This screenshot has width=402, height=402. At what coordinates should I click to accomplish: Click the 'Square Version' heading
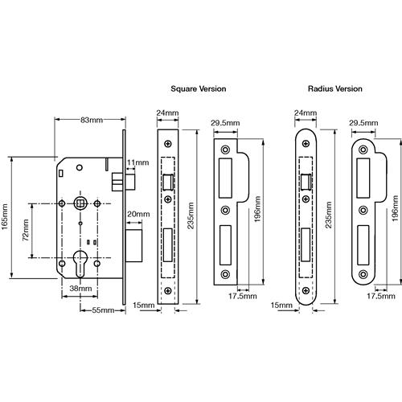(199, 88)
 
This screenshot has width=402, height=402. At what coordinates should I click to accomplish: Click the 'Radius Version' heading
(335, 88)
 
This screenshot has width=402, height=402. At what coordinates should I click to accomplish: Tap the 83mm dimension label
(92, 120)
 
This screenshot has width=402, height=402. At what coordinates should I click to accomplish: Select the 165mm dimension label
(5, 216)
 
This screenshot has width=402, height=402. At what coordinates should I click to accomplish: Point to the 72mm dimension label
(26, 230)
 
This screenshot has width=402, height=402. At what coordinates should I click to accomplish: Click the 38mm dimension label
(80, 289)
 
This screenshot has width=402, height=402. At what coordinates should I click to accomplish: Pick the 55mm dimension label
(103, 310)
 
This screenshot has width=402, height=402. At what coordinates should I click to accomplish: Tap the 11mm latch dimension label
(137, 162)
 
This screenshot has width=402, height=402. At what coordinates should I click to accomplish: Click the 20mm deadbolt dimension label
(138, 214)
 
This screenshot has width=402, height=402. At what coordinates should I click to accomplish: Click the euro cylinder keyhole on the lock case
(80, 262)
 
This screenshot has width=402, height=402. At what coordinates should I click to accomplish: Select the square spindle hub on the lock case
(80, 204)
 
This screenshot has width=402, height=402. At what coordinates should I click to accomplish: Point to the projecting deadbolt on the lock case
(133, 245)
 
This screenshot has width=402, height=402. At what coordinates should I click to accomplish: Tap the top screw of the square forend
(168, 144)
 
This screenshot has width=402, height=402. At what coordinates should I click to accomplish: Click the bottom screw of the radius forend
(306, 290)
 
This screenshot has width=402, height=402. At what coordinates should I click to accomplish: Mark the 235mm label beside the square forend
(191, 215)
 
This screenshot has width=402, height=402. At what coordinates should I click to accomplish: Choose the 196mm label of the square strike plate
(257, 209)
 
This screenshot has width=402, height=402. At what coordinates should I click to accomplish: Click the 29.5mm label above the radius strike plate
(363, 123)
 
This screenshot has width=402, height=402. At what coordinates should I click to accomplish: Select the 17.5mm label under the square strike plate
(243, 296)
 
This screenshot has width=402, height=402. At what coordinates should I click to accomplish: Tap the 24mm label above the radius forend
(306, 113)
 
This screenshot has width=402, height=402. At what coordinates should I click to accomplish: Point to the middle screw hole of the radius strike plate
(363, 210)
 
